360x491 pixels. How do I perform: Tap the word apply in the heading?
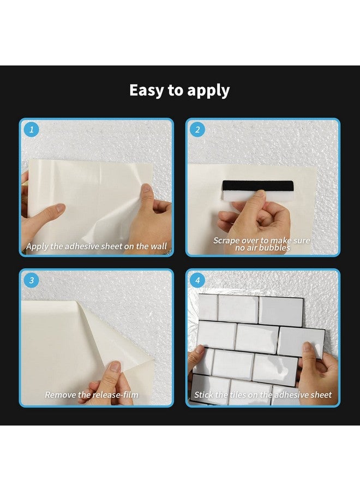pos(208,91)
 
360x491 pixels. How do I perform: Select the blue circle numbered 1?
pos(31,129)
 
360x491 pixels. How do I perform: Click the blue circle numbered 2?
pos(197,129)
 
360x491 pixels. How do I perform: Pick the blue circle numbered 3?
pos(31,280)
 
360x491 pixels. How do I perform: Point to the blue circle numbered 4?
pos(197,280)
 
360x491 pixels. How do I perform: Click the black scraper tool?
pos(258,186)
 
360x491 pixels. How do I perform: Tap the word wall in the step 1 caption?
pos(159,246)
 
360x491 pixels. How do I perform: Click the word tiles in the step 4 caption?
pos(238,394)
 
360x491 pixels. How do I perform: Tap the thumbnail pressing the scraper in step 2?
pos(259,194)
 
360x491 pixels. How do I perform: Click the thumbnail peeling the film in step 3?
pos(115,366)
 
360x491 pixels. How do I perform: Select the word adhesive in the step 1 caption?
pos(82,246)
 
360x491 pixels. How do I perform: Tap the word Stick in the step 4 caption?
pos(203,394)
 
